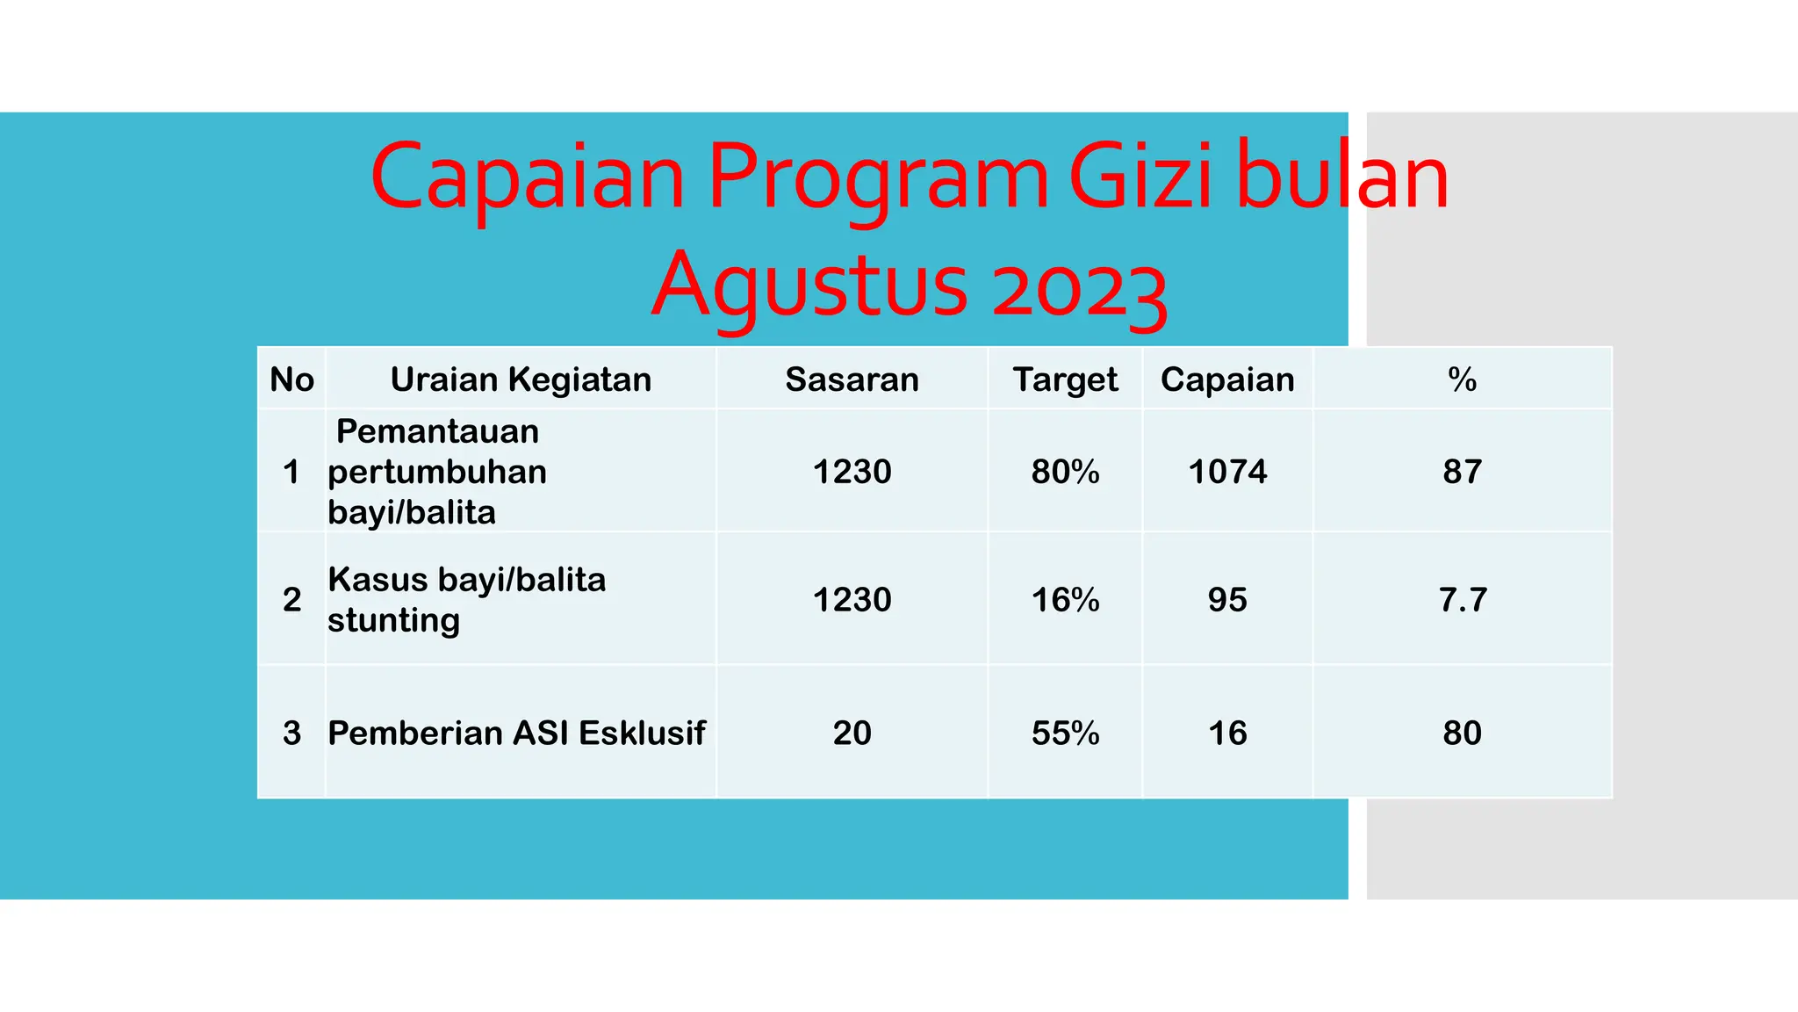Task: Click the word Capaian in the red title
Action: [527, 178]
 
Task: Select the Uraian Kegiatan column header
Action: [521, 379]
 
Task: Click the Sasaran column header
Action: [852, 379]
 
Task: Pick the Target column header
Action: [1065, 379]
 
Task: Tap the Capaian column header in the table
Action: [1227, 379]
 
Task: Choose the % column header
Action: [1462, 379]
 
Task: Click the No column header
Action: [291, 379]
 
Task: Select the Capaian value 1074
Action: [1227, 472]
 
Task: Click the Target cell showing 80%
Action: [1065, 472]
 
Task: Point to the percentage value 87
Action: [1462, 472]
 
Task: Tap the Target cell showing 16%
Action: [1065, 600]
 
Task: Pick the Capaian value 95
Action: [1227, 600]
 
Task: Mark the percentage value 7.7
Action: [1463, 600]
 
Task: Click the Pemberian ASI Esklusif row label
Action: [516, 733]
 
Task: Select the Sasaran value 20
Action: [852, 733]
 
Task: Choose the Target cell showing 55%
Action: [1065, 733]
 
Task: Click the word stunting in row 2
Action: [393, 621]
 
